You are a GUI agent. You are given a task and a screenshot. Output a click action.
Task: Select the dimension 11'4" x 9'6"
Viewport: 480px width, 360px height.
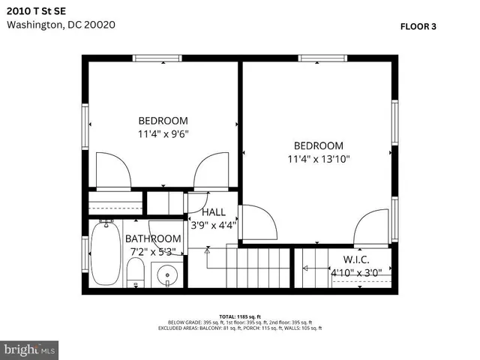point(163,134)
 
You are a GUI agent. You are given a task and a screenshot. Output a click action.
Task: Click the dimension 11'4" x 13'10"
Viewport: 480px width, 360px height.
point(319,159)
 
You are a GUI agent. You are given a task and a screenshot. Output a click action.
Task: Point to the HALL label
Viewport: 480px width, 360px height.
point(214,212)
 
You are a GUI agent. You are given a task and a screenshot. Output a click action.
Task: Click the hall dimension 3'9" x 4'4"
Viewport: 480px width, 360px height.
point(214,224)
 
